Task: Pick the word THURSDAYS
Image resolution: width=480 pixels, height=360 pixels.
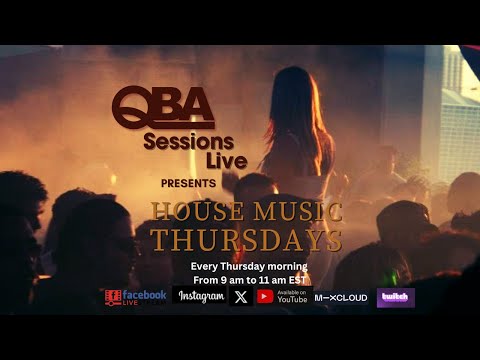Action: pos(246,240)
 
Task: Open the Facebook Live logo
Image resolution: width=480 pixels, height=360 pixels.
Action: pos(134,297)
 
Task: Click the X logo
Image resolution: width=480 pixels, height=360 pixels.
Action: pos(241,297)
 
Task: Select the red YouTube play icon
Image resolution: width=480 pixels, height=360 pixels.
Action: pos(265,297)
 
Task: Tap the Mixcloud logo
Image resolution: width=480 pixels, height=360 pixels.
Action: pos(340,297)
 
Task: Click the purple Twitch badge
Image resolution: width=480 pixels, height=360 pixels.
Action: pos(395,297)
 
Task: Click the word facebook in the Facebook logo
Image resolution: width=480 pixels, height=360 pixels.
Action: pos(145,294)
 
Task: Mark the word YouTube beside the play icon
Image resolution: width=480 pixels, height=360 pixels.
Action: pos(292,300)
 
